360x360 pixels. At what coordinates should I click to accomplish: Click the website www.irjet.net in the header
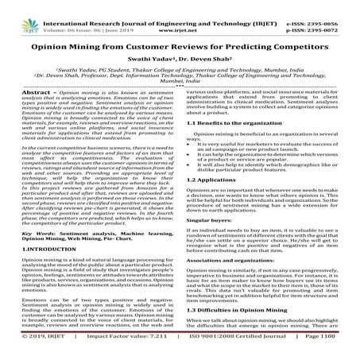click(x=179, y=16)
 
